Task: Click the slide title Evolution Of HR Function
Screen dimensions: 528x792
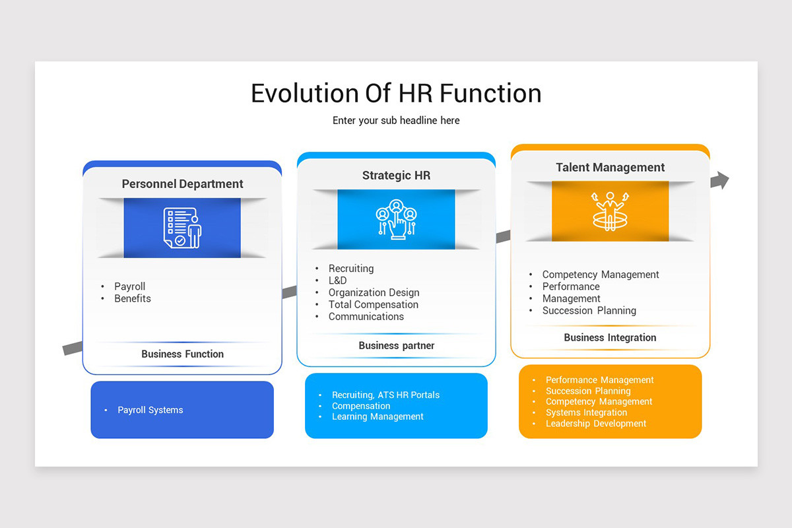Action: (396, 93)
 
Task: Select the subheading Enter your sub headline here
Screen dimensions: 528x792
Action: (396, 121)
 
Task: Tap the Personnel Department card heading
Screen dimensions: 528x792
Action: (182, 184)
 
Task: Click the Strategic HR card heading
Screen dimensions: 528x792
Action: (396, 176)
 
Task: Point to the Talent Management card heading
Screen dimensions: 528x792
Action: (610, 168)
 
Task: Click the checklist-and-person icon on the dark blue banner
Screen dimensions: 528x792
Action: (182, 228)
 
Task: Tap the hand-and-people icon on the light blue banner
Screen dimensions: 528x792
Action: (396, 219)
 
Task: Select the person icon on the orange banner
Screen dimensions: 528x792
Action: (610, 211)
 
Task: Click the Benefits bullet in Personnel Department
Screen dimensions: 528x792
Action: (132, 298)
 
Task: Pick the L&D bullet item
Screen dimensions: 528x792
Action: (337, 280)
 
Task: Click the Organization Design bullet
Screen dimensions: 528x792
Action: (374, 292)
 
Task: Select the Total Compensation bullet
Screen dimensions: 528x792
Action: (373, 304)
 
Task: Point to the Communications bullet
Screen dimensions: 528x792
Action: (366, 316)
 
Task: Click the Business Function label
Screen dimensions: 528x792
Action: (182, 354)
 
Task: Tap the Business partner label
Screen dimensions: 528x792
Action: (396, 345)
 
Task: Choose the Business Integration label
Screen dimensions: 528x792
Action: (610, 337)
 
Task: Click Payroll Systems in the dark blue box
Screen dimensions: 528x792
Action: (150, 410)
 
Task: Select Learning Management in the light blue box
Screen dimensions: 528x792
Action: (378, 416)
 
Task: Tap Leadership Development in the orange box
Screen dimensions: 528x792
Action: (595, 424)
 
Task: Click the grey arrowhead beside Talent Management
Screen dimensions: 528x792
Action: (721, 180)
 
